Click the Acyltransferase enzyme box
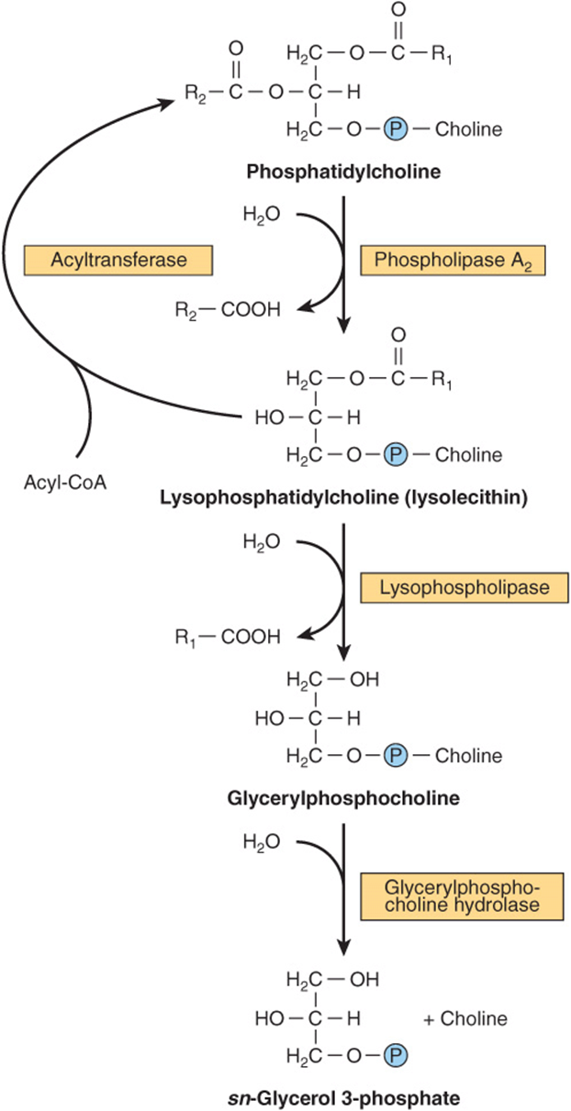tap(118, 260)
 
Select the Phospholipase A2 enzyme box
tap(453, 260)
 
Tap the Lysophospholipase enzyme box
tap(465, 588)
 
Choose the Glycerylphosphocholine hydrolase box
tap(462, 896)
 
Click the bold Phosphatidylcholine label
tap(343, 172)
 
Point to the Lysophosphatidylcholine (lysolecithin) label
tap(343, 497)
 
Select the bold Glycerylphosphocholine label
tap(343, 798)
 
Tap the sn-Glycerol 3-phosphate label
tap(343, 1097)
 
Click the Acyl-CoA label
tap(65, 482)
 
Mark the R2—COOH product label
tap(228, 310)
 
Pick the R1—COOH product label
tap(228, 637)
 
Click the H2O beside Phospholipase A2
tap(262, 215)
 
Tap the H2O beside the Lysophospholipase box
tap(262, 541)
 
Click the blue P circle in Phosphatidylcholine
tap(396, 129)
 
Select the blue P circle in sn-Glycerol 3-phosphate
tap(396, 1055)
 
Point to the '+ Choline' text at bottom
tap(465, 1018)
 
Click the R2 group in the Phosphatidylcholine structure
tap(195, 94)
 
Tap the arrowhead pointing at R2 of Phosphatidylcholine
tap(167, 102)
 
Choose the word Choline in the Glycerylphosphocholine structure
tap(469, 756)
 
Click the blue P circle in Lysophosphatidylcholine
tap(396, 455)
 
